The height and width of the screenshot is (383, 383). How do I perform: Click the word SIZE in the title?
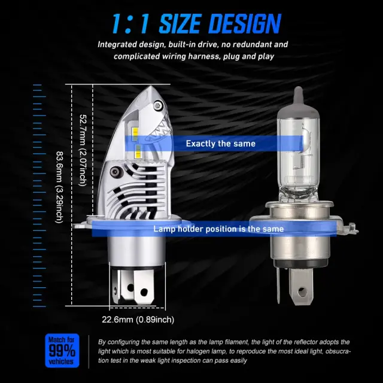pyautogui.click(x=180, y=24)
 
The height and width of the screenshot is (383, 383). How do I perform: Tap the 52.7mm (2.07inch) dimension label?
pyautogui.click(x=83, y=150)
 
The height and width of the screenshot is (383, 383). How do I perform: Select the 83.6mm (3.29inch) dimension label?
pyautogui.click(x=59, y=187)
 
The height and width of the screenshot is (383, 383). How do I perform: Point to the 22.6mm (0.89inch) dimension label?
pyautogui.click(x=138, y=320)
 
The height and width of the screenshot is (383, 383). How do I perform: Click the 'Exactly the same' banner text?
pyautogui.click(x=221, y=144)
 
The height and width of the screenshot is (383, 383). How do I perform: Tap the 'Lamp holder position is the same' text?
pyautogui.click(x=218, y=229)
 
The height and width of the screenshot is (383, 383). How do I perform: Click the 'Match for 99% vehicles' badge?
pyautogui.click(x=62, y=351)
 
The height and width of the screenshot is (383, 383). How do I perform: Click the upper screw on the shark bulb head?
pyautogui.click(x=157, y=106)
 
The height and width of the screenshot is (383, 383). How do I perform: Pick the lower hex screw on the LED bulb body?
pyautogui.click(x=115, y=172)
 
